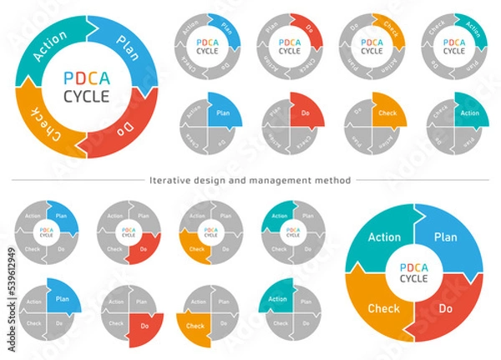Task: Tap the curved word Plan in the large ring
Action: [x=128, y=44]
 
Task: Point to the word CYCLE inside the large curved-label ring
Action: [x=87, y=96]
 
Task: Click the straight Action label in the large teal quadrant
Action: [x=384, y=236]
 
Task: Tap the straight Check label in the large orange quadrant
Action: [x=384, y=310]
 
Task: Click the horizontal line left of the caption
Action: [x=75, y=180]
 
